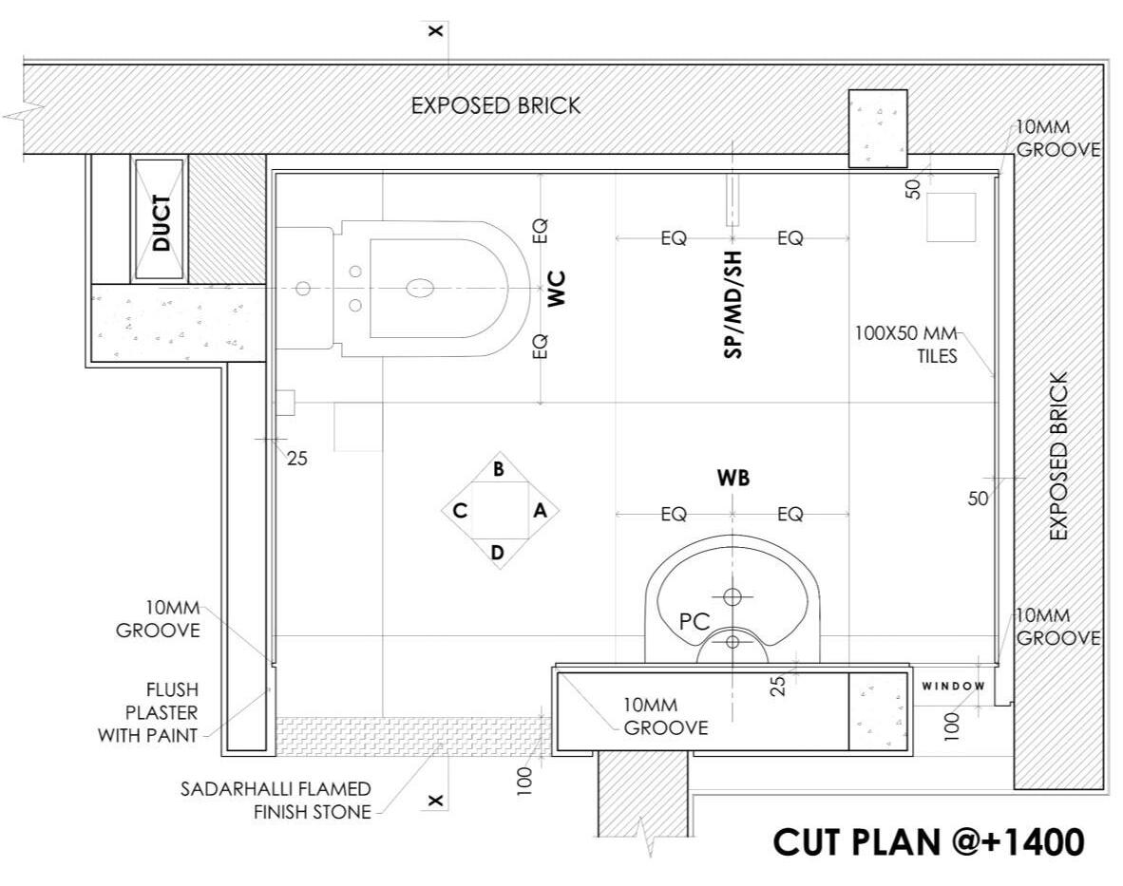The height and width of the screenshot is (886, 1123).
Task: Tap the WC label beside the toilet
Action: point(558,288)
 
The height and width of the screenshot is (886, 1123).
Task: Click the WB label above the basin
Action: point(733,479)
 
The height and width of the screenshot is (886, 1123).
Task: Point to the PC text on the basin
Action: point(695,622)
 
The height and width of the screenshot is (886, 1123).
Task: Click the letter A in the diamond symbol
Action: point(540,511)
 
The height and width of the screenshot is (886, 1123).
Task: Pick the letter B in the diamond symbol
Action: point(498,468)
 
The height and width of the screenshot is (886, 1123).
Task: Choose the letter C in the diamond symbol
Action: point(459,511)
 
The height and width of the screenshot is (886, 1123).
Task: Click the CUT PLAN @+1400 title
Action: point(928,840)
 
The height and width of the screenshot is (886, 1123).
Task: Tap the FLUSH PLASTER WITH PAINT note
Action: point(150,711)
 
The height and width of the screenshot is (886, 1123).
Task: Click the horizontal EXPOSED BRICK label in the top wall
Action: point(495,106)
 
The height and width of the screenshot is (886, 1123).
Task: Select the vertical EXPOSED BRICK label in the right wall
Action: point(1059,457)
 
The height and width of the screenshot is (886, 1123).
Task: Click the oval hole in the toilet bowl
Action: point(420,287)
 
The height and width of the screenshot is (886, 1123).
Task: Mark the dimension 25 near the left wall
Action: point(297,458)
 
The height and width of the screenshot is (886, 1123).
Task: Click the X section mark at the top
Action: point(436,30)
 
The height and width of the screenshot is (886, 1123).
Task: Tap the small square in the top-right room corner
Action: point(951,217)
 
